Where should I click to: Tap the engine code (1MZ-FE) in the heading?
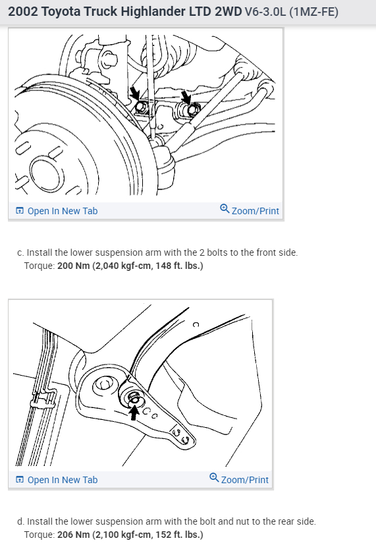coord(313,12)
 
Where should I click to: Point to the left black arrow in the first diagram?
coord(134,93)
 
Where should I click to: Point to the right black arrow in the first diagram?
coord(186,96)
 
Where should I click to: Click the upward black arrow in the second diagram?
coord(134,413)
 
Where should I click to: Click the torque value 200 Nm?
coord(74,266)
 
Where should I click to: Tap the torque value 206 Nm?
coord(74,535)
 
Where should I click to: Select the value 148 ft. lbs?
coord(179,266)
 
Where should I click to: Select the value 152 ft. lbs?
coord(179,535)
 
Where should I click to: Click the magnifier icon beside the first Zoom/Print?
coord(225,208)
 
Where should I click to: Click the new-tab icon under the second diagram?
coord(20,480)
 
